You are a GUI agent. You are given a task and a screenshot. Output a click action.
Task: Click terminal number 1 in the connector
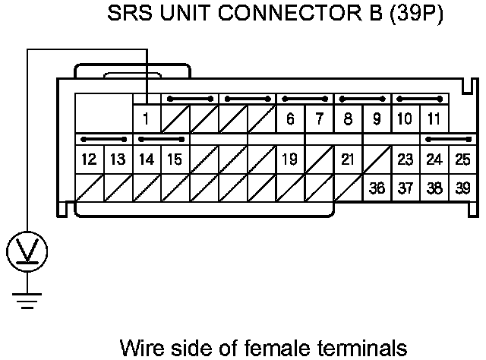146,118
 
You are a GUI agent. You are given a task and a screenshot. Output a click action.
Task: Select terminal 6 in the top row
290,118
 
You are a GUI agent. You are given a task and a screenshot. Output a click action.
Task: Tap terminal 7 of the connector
319,118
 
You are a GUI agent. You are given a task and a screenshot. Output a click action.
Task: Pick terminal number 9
377,118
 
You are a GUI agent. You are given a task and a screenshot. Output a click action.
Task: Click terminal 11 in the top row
434,118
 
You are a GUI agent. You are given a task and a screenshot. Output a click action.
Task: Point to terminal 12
89,159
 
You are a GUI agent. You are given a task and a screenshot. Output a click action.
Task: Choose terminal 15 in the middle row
175,159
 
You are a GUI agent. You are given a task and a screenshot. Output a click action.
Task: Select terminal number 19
289,159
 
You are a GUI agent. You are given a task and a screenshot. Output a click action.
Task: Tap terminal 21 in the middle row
348,159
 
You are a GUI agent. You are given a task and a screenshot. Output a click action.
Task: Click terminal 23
406,159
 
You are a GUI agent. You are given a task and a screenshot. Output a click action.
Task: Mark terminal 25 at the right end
462,159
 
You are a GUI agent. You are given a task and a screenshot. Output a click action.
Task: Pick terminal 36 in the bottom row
377,188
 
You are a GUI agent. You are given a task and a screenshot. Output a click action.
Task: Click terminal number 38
434,188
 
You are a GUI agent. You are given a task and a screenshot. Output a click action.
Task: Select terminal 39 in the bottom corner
462,188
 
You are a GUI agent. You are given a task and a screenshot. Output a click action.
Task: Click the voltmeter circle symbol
27,250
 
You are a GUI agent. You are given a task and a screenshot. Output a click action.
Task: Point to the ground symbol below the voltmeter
27,303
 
